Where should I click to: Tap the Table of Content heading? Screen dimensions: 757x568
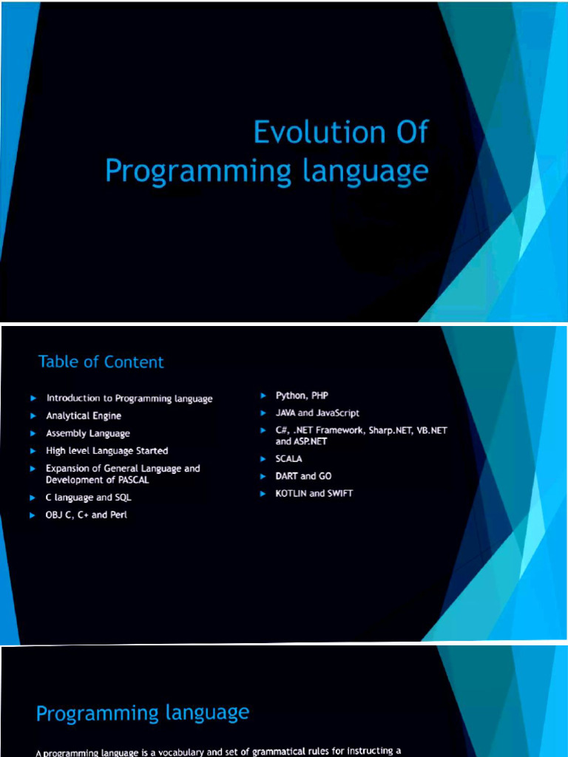pos(101,361)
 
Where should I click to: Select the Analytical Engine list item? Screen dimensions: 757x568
pos(84,415)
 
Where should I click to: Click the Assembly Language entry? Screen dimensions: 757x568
pos(88,433)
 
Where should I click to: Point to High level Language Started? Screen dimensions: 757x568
pos(107,450)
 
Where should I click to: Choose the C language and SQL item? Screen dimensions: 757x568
pos(89,498)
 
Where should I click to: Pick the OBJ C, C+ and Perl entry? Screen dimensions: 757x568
pos(87,515)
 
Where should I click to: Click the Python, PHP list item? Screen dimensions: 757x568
pos(302,396)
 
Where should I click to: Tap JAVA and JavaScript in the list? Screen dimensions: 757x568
pos(317,413)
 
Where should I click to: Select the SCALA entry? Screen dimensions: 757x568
pos(289,458)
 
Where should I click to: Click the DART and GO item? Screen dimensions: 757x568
pos(303,476)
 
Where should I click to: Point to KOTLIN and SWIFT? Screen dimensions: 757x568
pos(314,493)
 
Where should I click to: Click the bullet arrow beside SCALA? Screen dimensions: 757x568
pos(263,458)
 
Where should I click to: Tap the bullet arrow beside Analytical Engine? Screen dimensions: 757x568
pos(33,415)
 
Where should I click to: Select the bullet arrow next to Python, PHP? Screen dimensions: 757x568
pos(263,396)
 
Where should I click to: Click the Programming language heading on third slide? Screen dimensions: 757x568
pos(143,713)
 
